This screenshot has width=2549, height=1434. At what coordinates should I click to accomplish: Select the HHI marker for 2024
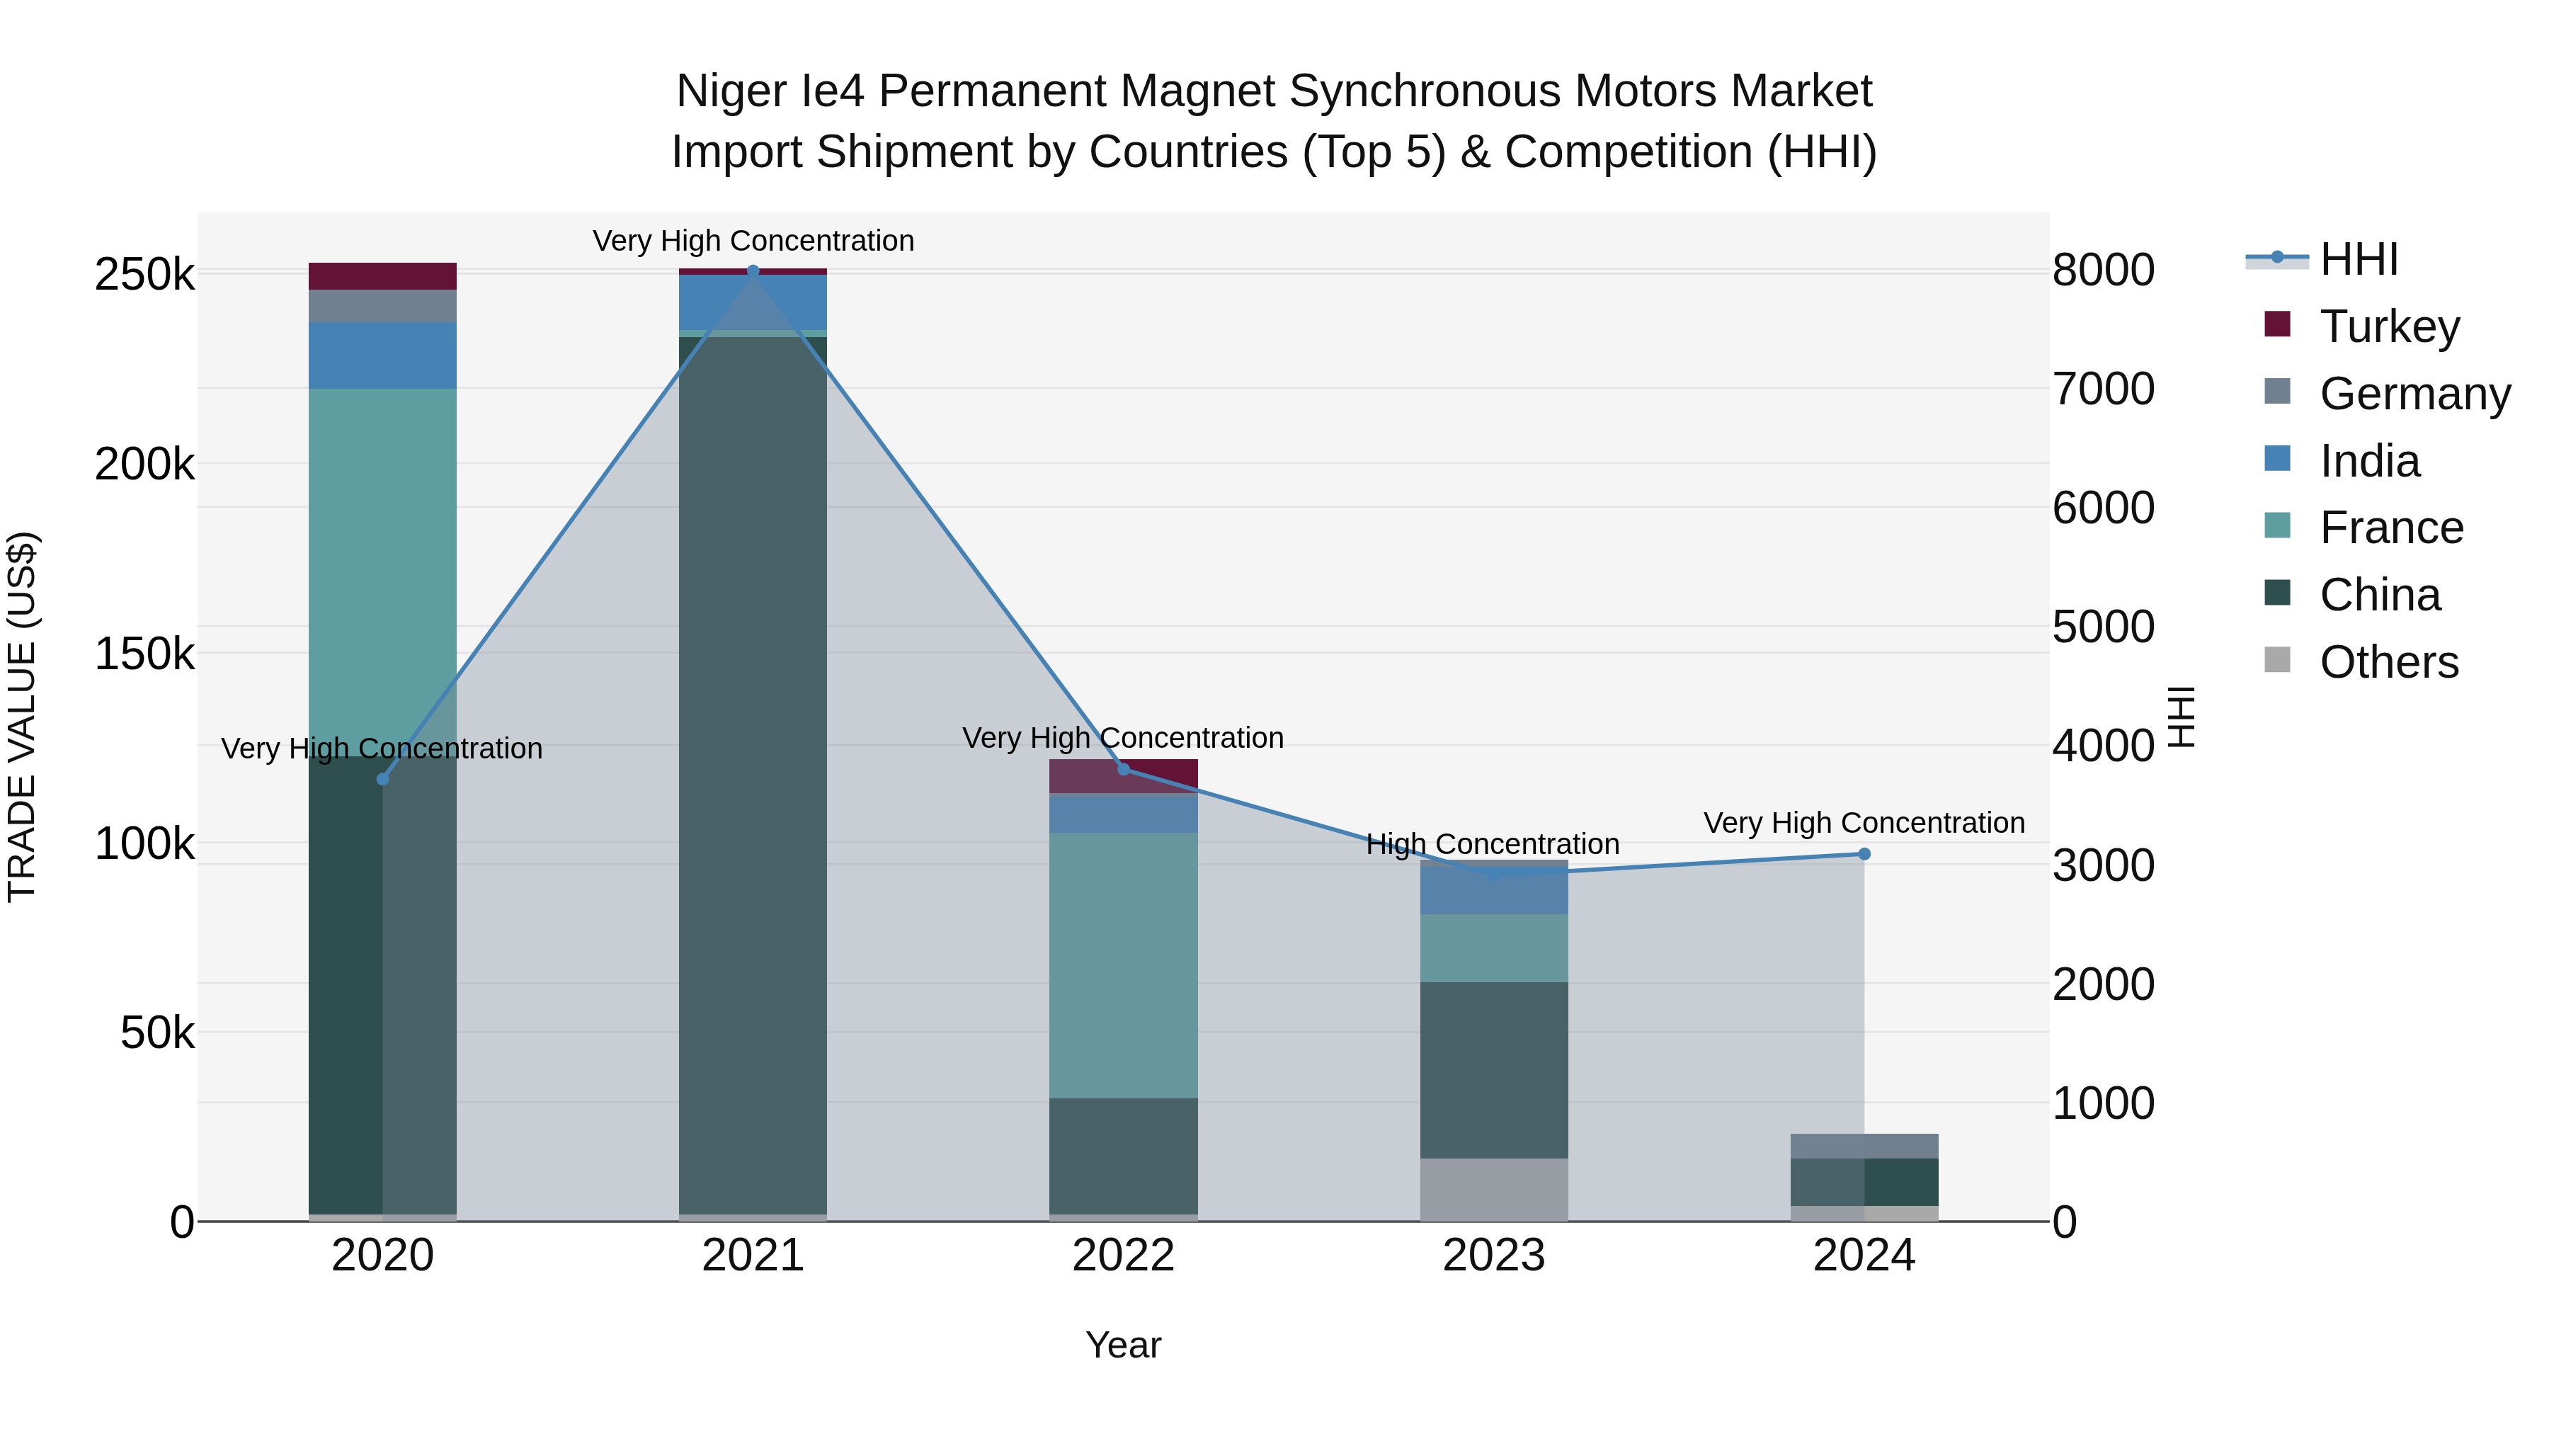1864,854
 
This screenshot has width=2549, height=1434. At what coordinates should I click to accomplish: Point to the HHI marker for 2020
383,780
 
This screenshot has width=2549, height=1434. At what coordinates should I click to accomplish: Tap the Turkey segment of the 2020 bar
383,276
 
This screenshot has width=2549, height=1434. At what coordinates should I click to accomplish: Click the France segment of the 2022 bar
1123,965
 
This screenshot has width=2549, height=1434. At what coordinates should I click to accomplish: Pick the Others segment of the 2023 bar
1494,1190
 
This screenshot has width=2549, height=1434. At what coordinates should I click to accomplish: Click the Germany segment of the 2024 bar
1864,1146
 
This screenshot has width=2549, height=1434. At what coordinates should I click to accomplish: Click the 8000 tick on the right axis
2104,271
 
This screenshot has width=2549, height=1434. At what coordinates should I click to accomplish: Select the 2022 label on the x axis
1123,1256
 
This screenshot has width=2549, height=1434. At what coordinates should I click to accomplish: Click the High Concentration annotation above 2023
1492,844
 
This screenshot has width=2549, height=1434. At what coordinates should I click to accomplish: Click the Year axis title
1123,1345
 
